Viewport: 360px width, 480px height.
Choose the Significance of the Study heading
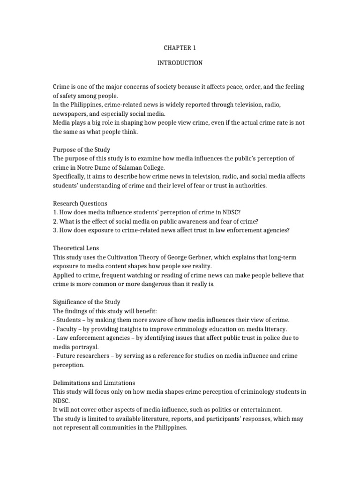point(87,302)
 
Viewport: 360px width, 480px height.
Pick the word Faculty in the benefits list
point(67,329)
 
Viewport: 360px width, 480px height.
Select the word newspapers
point(72,113)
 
